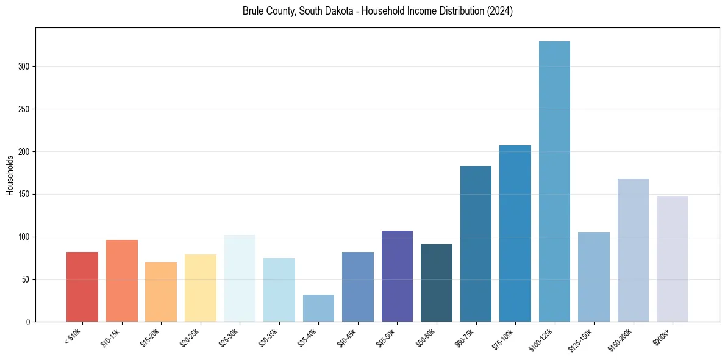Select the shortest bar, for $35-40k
tap(318, 308)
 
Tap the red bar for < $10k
tap(82, 287)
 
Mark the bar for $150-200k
tap(633, 250)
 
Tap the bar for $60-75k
tap(476, 244)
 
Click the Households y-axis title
tap(10, 176)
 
